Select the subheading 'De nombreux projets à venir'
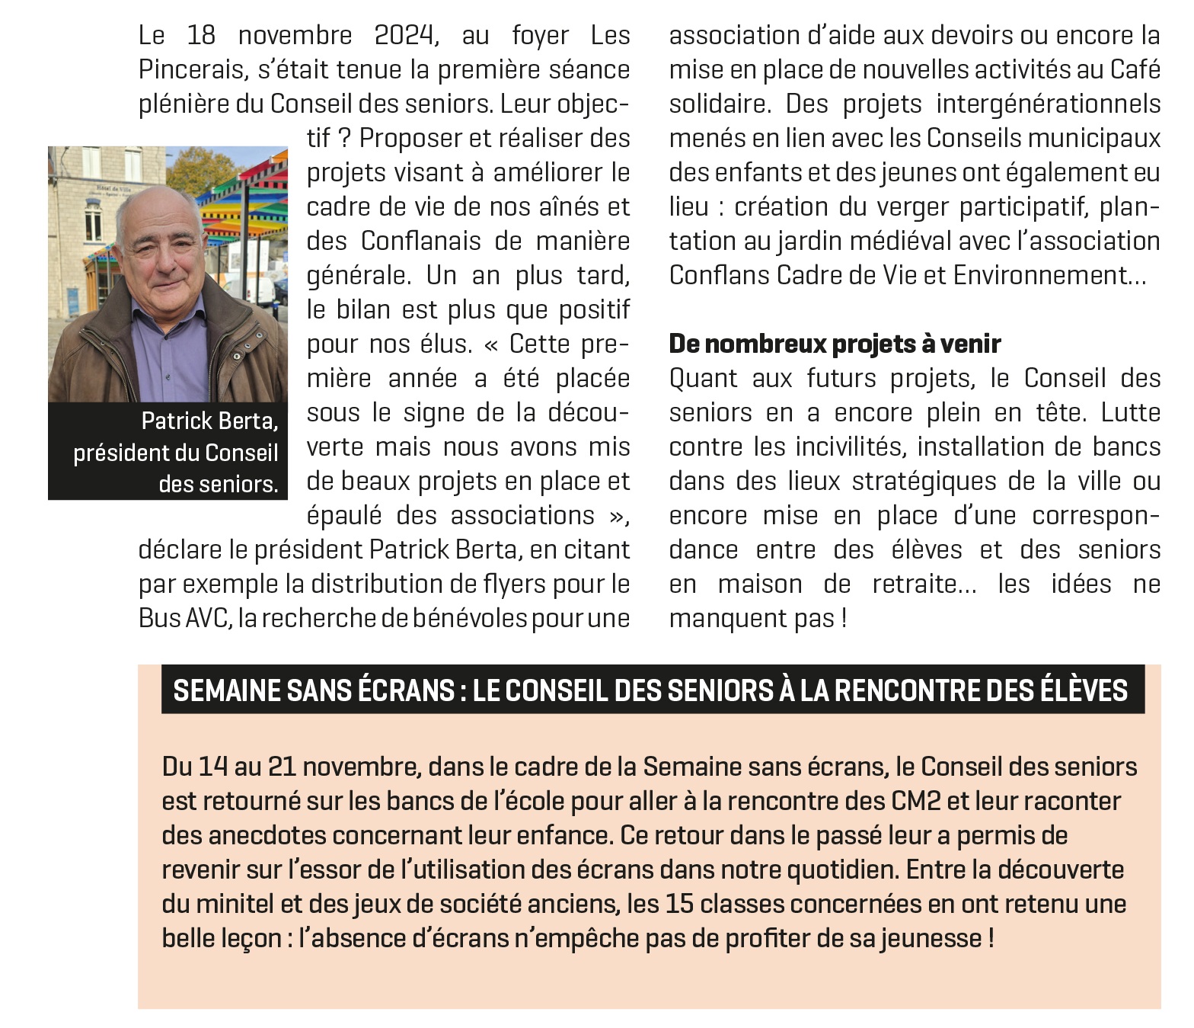(835, 344)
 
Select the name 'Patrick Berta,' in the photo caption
(209, 421)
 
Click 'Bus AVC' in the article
(184, 618)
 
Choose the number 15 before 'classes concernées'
(679, 905)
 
